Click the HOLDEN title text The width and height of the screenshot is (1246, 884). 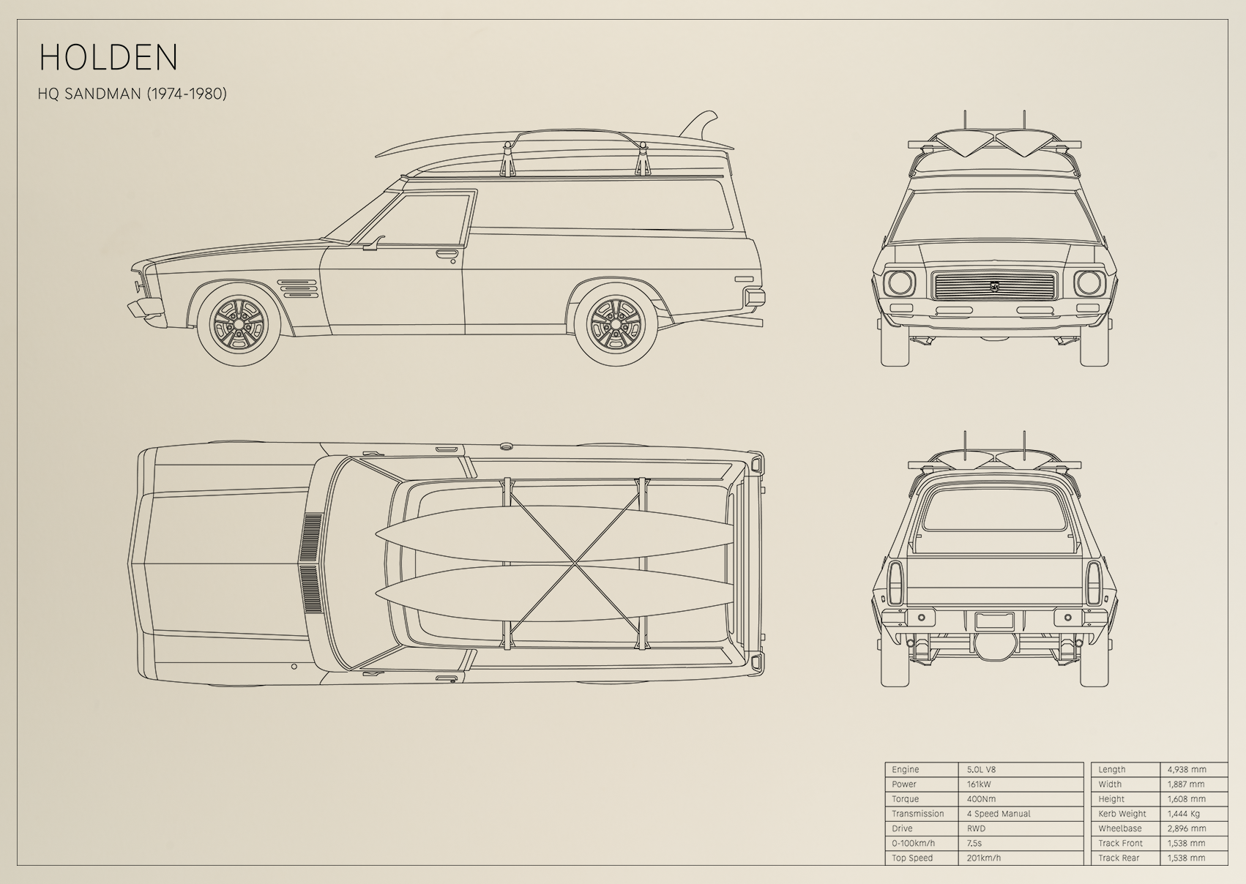(108, 56)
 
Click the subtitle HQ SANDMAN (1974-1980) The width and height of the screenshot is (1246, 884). (133, 94)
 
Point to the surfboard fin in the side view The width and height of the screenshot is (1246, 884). (701, 127)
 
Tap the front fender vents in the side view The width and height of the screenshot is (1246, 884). (297, 289)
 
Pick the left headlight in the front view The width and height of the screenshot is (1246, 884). (900, 283)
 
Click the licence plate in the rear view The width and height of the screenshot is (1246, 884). (994, 620)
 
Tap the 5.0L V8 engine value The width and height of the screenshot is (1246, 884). (981, 769)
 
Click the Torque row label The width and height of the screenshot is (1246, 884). (906, 799)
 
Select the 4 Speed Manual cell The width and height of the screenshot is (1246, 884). (999, 814)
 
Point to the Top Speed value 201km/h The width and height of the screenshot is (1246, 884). (983, 858)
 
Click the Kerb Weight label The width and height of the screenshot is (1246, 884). (1122, 814)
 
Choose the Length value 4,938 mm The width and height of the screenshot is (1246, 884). (1187, 769)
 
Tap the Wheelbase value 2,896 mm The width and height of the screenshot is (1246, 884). (1186, 828)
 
